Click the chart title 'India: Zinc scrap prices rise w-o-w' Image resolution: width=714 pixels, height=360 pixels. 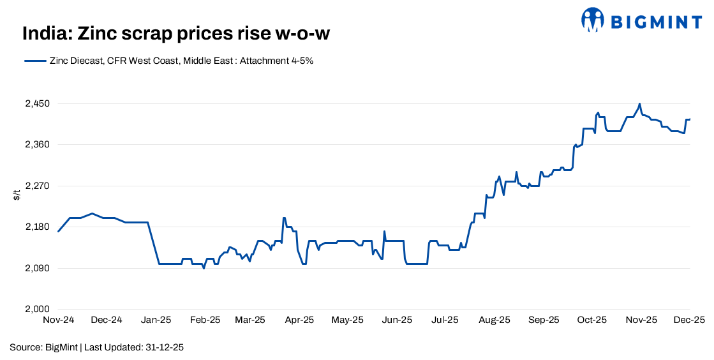click(x=175, y=33)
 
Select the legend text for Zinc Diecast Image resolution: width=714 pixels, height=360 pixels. click(x=181, y=61)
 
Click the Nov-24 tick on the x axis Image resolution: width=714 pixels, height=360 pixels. click(x=58, y=320)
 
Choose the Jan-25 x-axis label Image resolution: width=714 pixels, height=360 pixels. click(x=156, y=320)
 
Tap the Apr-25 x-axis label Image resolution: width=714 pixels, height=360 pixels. click(x=299, y=320)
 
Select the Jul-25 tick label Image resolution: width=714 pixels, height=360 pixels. click(x=445, y=320)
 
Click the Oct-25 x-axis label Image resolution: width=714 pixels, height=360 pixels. click(x=591, y=320)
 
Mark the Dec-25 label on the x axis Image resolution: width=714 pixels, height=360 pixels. click(x=689, y=320)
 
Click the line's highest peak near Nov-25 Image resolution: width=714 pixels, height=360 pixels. click(x=639, y=103)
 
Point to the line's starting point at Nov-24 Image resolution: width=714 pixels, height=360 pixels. click(x=58, y=231)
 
